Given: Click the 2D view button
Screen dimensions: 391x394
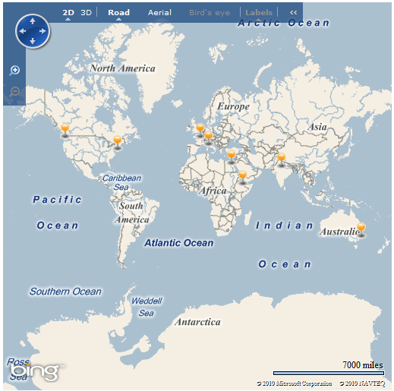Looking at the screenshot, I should (x=68, y=13).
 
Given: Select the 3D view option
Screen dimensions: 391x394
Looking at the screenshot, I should (x=87, y=13).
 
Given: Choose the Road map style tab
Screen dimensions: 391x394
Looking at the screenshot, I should (x=118, y=13).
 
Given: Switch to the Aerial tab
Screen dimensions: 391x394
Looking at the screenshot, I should (x=159, y=13).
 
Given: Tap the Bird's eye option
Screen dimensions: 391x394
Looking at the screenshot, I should (x=210, y=13).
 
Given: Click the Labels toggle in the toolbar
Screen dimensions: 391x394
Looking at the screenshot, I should (x=259, y=13).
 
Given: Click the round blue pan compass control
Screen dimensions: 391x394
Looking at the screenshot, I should (x=32, y=31).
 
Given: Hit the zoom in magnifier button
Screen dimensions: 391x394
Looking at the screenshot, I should (x=14, y=70).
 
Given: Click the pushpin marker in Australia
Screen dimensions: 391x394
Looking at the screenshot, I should (x=361, y=229).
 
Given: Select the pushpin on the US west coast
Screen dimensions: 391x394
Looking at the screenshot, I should (x=65, y=131).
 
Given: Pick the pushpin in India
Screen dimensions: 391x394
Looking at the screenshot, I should (x=281, y=159).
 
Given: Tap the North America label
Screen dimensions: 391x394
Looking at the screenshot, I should (x=122, y=68).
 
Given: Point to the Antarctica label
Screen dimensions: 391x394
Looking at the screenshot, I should (x=197, y=322).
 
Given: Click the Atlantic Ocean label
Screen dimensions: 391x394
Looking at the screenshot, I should (x=179, y=243).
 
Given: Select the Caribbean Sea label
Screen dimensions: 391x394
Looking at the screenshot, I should (x=121, y=182).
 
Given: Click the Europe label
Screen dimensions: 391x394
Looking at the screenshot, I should (x=233, y=107).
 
